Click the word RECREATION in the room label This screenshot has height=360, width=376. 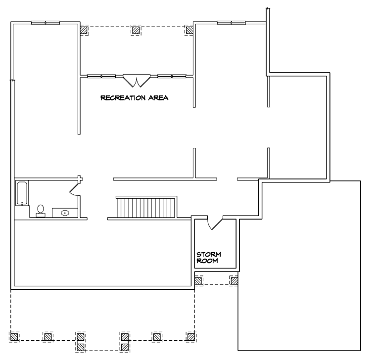[x=123, y=98]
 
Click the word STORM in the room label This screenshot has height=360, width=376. [x=209, y=254]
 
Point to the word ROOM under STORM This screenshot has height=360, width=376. [x=207, y=261]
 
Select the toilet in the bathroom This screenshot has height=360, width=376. [x=41, y=211]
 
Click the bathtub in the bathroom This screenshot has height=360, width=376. [x=22, y=193]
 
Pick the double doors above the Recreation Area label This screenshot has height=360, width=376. [x=137, y=81]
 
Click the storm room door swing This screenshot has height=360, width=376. [x=215, y=223]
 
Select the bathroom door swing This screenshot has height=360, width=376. [x=75, y=188]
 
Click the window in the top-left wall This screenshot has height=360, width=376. [x=46, y=23]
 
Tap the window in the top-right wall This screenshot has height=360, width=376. [x=232, y=23]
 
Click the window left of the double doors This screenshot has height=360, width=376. [x=101, y=76]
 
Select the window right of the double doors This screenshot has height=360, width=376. [x=172, y=76]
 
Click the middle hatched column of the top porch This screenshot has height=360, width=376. [x=136, y=30]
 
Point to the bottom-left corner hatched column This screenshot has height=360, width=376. [x=14, y=337]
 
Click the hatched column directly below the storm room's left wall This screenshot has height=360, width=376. [x=198, y=281]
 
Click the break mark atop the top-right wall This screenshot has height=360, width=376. [x=268, y=9]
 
